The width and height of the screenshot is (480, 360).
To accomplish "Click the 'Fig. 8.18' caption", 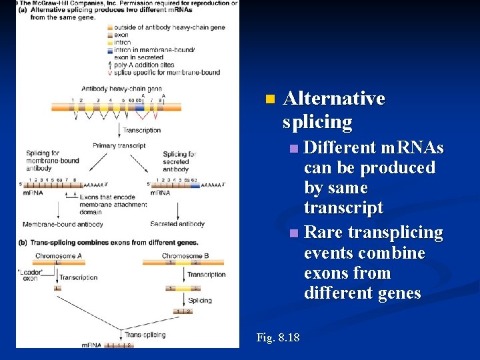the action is point(277,338).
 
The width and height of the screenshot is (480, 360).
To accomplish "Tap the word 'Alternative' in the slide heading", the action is point(334,99).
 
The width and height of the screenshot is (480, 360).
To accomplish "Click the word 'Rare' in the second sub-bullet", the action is point(323,233).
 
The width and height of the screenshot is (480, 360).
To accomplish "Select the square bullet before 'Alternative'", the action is point(269,99).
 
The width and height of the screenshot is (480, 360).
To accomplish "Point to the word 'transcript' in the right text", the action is point(343,208).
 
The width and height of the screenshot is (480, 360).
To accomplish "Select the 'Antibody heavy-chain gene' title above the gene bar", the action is point(121,89).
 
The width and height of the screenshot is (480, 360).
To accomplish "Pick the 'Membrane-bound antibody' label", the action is point(63,225).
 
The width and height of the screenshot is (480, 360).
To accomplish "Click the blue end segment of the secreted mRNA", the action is point(195,185).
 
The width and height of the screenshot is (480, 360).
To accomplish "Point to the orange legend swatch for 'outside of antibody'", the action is point(109,27).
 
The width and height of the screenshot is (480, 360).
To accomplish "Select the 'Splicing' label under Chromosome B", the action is point(200,301).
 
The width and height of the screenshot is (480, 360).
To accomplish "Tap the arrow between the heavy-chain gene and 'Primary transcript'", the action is point(119,130).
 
